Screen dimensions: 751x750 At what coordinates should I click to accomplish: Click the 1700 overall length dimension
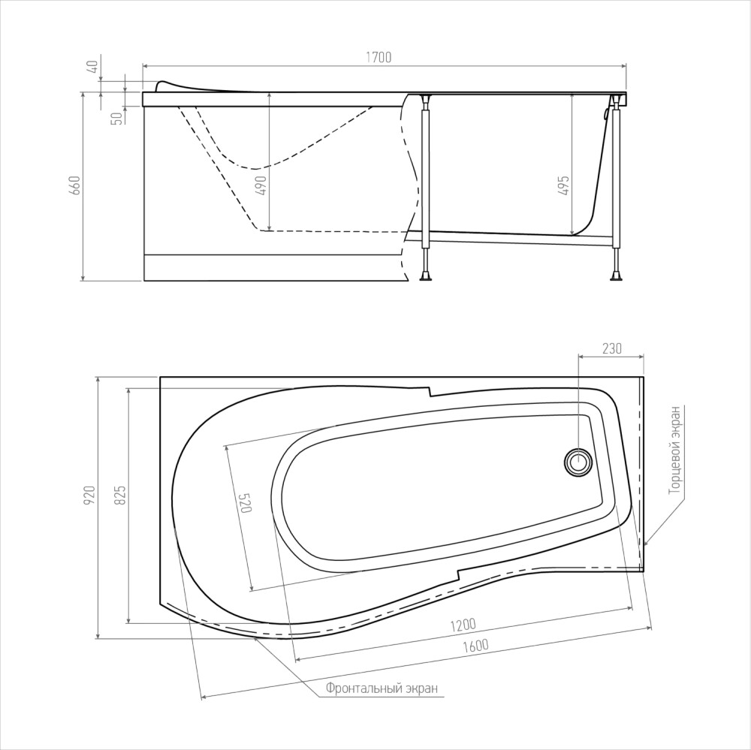(379, 57)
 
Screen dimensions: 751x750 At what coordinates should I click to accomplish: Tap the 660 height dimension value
(75, 185)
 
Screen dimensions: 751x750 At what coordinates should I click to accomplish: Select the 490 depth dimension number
(261, 185)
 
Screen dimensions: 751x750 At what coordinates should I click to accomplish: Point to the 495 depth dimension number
(564, 185)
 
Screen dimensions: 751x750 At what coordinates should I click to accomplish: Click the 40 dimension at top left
(94, 66)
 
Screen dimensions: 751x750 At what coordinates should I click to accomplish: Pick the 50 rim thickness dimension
(116, 119)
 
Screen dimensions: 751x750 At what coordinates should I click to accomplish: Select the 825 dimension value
(120, 495)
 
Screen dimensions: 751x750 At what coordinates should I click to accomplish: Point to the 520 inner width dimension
(245, 503)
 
